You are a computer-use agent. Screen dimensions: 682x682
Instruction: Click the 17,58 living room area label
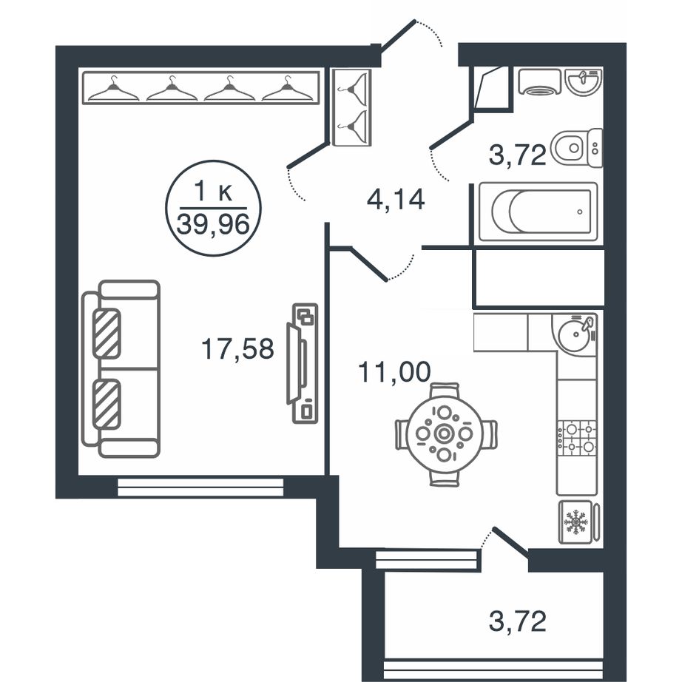[x=237, y=349]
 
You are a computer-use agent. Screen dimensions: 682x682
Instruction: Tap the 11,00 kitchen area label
[x=394, y=372]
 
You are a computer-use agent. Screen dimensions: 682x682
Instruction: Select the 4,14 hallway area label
[x=396, y=200]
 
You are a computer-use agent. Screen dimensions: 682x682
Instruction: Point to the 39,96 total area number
[x=213, y=224]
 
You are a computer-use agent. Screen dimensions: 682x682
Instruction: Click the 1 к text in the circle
[x=213, y=192]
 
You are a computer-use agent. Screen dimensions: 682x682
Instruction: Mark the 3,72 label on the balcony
[x=517, y=621]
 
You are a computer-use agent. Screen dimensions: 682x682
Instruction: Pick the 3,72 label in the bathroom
[x=517, y=155]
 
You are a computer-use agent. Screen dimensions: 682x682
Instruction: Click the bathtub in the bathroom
[x=538, y=212]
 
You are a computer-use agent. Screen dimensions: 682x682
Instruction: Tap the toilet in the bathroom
[x=577, y=148]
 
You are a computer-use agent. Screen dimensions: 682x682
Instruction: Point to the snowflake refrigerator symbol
[x=575, y=522]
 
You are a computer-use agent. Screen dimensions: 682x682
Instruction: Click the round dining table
[x=444, y=433]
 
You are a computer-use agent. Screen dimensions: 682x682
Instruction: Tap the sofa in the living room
[x=121, y=368]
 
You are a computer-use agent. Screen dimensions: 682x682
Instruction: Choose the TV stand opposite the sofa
[x=303, y=363]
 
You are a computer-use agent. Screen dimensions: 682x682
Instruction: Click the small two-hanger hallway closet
[x=352, y=107]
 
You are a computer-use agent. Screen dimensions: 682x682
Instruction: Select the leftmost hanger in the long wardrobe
[x=114, y=90]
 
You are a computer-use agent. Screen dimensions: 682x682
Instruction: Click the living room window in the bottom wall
[x=200, y=487]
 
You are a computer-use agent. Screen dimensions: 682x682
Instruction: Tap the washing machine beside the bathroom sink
[x=540, y=82]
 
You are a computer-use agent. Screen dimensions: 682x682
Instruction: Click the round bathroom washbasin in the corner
[x=584, y=81]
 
